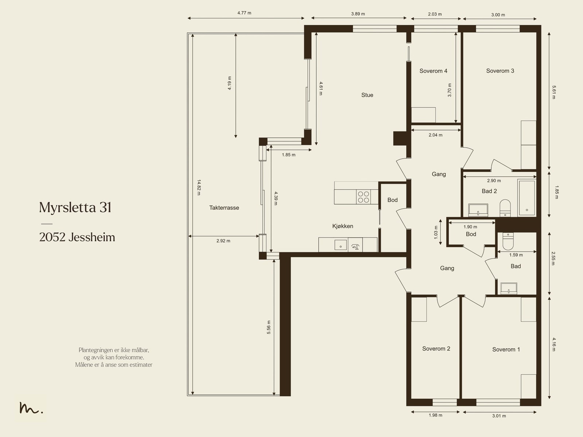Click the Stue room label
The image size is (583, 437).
[367, 95]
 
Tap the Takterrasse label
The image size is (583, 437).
[224, 208]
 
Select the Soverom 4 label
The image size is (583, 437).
[433, 71]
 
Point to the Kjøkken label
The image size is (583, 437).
[343, 226]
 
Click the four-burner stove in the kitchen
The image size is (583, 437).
[363, 197]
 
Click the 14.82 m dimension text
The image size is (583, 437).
[199, 187]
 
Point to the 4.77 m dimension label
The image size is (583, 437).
[244, 13]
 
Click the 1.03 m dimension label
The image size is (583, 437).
[436, 232]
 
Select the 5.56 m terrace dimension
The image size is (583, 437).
[269, 327]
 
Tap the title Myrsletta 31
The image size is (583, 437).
[75, 208]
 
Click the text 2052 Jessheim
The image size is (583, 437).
[77, 237]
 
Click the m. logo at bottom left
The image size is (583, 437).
[31, 408]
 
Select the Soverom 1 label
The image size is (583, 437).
[506, 349]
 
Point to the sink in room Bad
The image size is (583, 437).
[509, 288]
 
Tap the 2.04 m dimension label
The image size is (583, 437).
[435, 135]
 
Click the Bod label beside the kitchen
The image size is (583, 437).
[392, 200]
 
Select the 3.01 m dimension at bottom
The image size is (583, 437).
[499, 415]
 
